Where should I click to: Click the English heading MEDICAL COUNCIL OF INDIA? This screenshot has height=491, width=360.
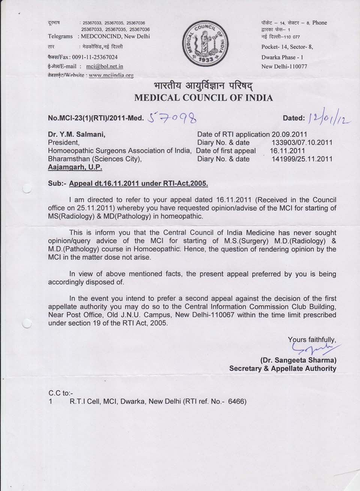(x=203, y=98)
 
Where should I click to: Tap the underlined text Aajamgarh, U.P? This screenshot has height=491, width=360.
(x=75, y=167)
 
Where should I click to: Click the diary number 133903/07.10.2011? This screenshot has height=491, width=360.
(x=301, y=142)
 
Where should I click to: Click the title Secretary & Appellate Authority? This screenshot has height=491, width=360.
(x=283, y=369)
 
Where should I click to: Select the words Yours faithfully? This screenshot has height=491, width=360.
(x=312, y=340)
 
